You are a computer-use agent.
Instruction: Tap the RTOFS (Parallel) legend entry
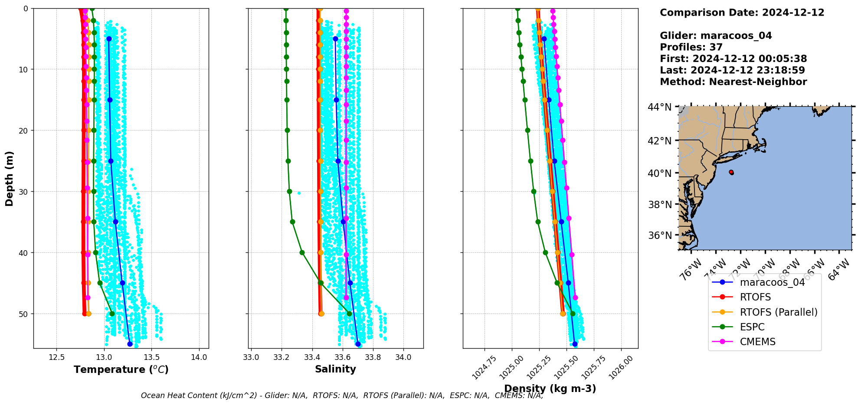tap(778, 312)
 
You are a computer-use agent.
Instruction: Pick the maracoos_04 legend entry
tap(772, 282)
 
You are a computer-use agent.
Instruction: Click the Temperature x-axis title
tap(121, 369)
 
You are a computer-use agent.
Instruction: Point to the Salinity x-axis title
tap(335, 369)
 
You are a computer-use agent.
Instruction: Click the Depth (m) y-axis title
tap(10, 178)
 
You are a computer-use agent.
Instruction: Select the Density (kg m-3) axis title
tap(550, 389)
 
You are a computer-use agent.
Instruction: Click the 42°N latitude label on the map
tap(660, 141)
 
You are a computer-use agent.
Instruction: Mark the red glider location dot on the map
tap(731, 172)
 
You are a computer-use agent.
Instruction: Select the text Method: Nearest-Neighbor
tap(733, 82)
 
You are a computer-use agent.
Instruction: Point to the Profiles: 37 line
tap(691, 47)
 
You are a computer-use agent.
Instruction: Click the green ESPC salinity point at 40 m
tap(302, 252)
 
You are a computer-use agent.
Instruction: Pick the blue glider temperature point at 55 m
tap(130, 344)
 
